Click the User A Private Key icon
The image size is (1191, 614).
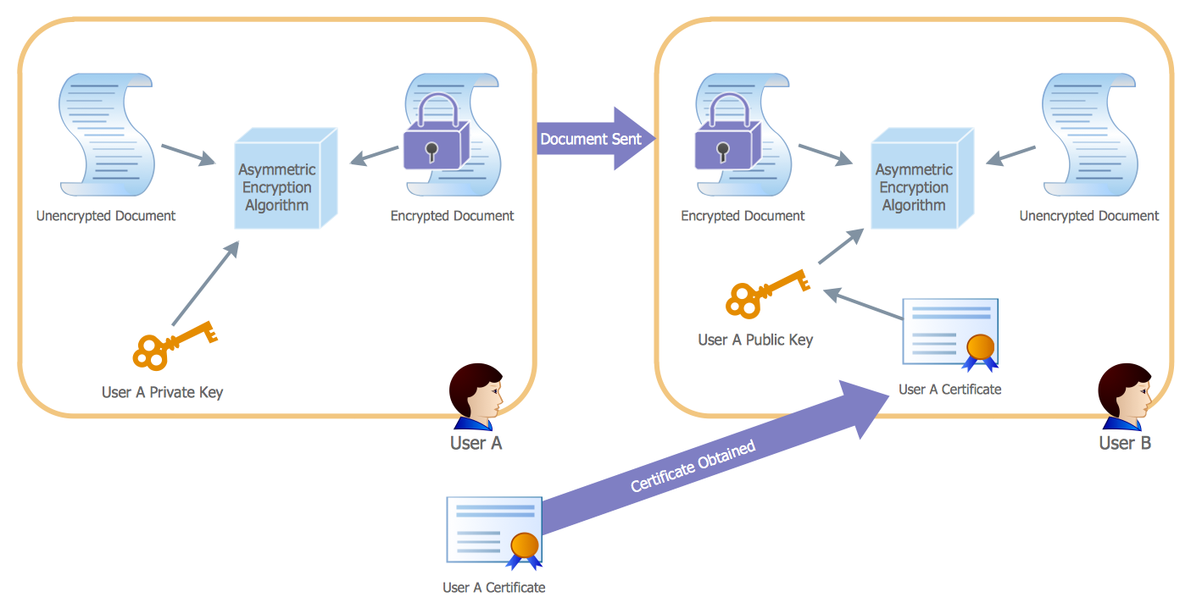[174, 346]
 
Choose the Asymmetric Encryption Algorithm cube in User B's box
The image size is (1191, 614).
[921, 180]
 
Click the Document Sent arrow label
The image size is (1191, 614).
[591, 139]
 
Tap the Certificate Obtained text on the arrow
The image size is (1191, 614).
[693, 467]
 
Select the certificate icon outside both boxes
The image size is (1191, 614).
[494, 531]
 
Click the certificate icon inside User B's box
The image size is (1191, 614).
[950, 334]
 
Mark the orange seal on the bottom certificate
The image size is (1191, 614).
[524, 545]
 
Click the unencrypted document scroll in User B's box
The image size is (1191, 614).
[1088, 134]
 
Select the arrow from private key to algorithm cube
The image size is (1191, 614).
[204, 284]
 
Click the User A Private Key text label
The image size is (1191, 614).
[162, 392]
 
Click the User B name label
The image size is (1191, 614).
[1125, 443]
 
